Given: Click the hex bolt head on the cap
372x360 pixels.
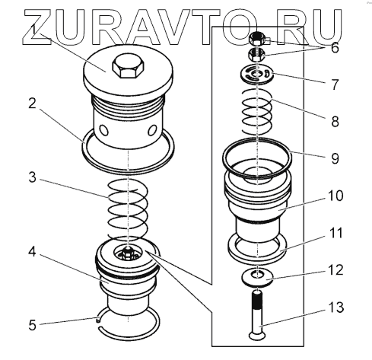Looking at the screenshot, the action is point(129,67).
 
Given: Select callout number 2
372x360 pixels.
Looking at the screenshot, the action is point(32,104).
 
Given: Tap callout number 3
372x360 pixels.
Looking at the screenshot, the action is point(33,177).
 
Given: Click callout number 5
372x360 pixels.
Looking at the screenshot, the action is point(33,325).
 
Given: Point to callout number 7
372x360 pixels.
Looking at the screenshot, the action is point(335,84).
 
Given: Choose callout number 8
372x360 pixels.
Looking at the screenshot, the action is point(335,121).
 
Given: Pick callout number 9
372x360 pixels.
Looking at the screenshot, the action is point(335,158).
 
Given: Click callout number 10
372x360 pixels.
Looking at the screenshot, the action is point(335,196).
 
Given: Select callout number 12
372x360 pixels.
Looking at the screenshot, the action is point(335,270).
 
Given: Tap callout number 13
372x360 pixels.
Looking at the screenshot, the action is point(335,307).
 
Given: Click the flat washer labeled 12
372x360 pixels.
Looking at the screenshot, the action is point(257,279).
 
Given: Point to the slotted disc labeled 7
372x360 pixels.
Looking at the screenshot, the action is point(257,74).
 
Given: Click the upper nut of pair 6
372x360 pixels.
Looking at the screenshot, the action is point(257,39).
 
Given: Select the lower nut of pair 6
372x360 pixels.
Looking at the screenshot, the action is point(256,55).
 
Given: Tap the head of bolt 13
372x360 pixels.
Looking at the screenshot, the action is point(257,336).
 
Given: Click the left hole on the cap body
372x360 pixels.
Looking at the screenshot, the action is point(104,130).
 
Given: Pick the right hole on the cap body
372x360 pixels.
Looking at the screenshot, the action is point(152,130).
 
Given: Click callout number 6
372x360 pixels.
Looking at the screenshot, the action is point(335,47).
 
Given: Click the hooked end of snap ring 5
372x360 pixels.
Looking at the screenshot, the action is point(98,320).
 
